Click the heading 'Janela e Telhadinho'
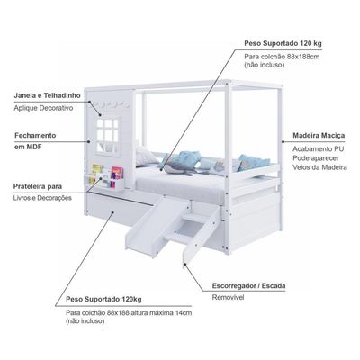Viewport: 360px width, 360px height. click(48, 95)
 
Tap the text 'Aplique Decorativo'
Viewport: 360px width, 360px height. click(43, 108)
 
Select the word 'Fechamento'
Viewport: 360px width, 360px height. click(35, 135)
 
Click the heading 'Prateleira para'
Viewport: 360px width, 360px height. click(38, 186)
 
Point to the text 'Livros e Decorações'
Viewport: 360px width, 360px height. click(42, 198)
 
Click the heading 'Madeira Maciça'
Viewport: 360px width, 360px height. click(319, 136)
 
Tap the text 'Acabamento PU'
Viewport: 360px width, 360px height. click(319, 148)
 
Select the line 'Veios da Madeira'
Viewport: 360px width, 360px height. click(319, 167)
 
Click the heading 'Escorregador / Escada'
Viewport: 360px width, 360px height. click(248, 285)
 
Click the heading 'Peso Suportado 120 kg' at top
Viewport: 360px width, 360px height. click(283, 43)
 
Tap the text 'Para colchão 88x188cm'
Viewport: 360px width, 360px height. click(282, 57)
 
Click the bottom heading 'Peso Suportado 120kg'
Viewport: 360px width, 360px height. click(103, 299)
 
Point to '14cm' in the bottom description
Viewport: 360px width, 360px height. click(184, 312)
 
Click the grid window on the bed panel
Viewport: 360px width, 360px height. click(108, 136)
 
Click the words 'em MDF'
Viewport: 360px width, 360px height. click(28, 147)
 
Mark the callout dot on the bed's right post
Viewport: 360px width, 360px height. click(283, 141)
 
